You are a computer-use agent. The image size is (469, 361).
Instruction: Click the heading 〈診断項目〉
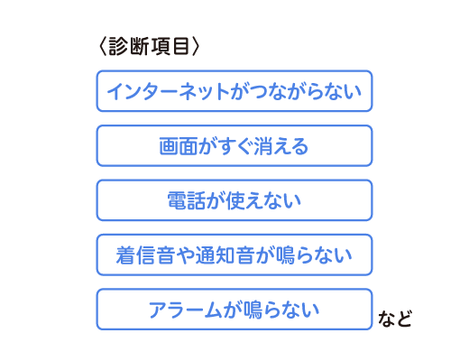149,46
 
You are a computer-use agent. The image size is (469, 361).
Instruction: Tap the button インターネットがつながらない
234,91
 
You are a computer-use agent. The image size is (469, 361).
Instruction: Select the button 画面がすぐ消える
234,146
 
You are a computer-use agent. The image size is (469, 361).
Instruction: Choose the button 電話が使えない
234,200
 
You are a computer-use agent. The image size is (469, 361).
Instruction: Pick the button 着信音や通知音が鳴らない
234,255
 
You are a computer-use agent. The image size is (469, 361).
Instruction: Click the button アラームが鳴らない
234,310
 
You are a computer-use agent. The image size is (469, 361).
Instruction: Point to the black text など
395,319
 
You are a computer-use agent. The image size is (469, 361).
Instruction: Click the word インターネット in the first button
168,91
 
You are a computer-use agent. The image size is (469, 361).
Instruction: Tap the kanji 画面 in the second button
178,146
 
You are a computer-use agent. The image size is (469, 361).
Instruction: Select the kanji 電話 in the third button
186,200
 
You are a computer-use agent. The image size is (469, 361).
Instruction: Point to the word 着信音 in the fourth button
145,255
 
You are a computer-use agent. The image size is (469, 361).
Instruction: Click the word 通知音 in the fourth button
225,255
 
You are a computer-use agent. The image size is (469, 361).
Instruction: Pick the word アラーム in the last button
185,310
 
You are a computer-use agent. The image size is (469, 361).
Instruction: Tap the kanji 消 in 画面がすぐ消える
263,146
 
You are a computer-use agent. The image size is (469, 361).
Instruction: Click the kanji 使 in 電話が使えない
235,200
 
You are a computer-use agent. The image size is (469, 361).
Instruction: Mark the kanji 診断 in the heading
128,46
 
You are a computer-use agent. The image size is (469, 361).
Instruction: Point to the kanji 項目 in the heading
170,46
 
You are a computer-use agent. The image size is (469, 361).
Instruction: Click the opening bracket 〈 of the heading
103,46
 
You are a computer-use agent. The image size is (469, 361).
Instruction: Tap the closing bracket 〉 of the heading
195,46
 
